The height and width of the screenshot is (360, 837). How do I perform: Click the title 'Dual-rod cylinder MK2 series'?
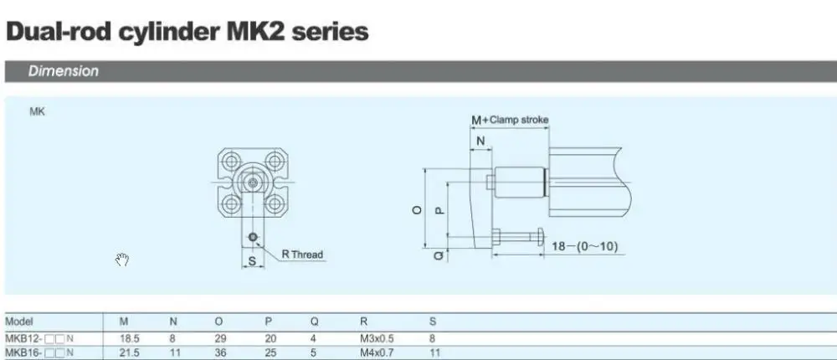[x=187, y=32]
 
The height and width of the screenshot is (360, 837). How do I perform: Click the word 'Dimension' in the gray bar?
[x=64, y=71]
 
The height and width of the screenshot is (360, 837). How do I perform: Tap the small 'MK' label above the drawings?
[x=38, y=111]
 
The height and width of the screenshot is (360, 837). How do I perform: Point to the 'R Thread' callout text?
[x=302, y=255]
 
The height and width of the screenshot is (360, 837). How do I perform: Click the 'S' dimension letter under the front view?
[x=253, y=261]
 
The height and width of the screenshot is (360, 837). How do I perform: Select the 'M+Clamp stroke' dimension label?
[x=510, y=120]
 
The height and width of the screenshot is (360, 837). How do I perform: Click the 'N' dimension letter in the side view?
[x=480, y=141]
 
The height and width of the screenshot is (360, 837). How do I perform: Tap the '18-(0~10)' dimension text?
[x=584, y=246]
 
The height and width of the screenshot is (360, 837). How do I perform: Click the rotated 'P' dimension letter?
[x=440, y=210]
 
